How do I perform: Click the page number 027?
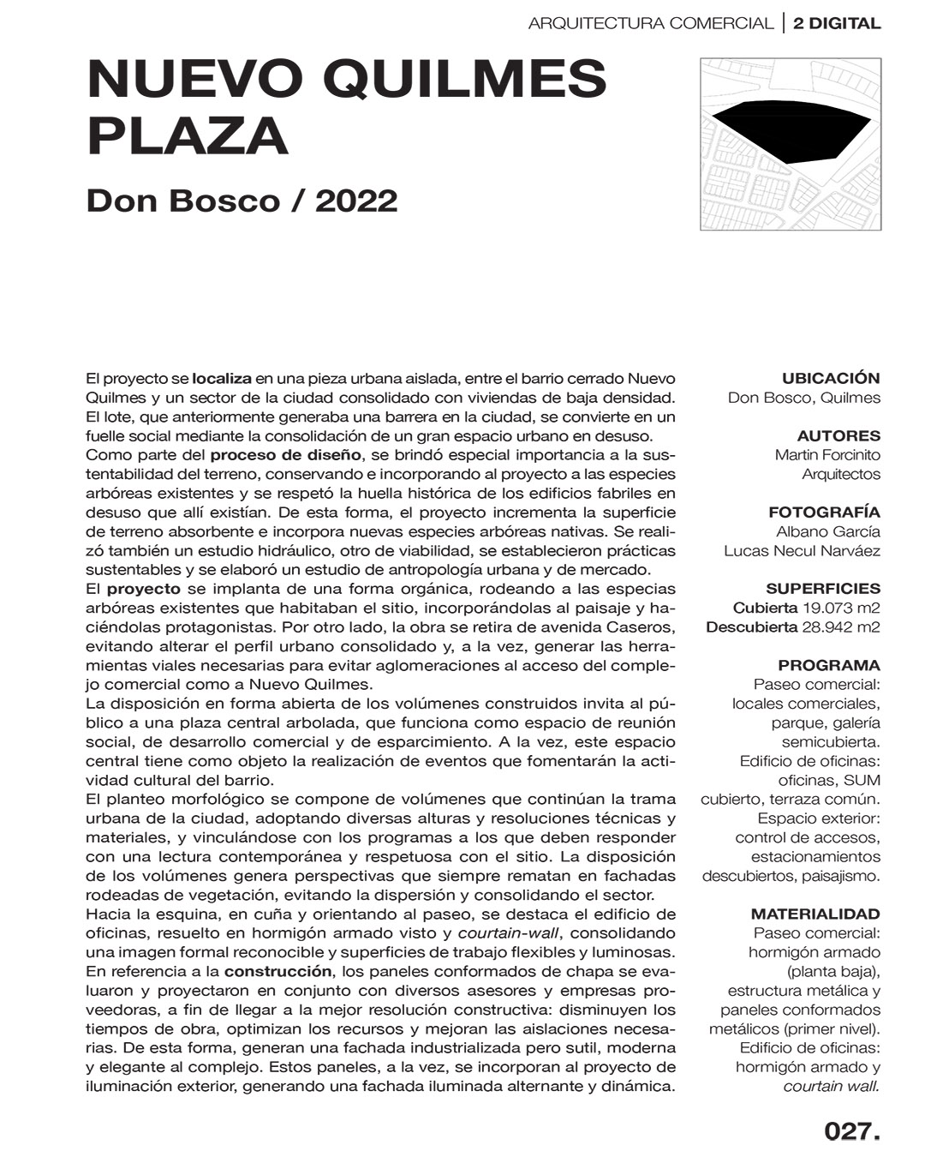coord(851,1130)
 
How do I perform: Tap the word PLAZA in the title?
coord(188,136)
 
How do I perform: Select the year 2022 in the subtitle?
coord(356,201)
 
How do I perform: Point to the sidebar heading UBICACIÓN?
coord(831,378)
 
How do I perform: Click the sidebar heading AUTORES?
coord(838,435)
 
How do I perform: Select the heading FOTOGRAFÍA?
coord(824,513)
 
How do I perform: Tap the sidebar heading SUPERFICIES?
coord(822,589)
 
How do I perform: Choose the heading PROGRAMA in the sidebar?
coord(828,665)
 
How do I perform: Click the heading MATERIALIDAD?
coord(815,914)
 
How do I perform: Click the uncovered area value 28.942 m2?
coord(840,626)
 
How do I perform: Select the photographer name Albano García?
coord(827,531)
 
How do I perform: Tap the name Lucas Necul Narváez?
coord(802,550)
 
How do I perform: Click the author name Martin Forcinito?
coord(827,455)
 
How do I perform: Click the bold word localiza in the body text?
coord(222,378)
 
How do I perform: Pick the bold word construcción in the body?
coord(277,971)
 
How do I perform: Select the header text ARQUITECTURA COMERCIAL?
coord(650,23)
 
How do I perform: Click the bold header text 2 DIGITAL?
coord(837,23)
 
